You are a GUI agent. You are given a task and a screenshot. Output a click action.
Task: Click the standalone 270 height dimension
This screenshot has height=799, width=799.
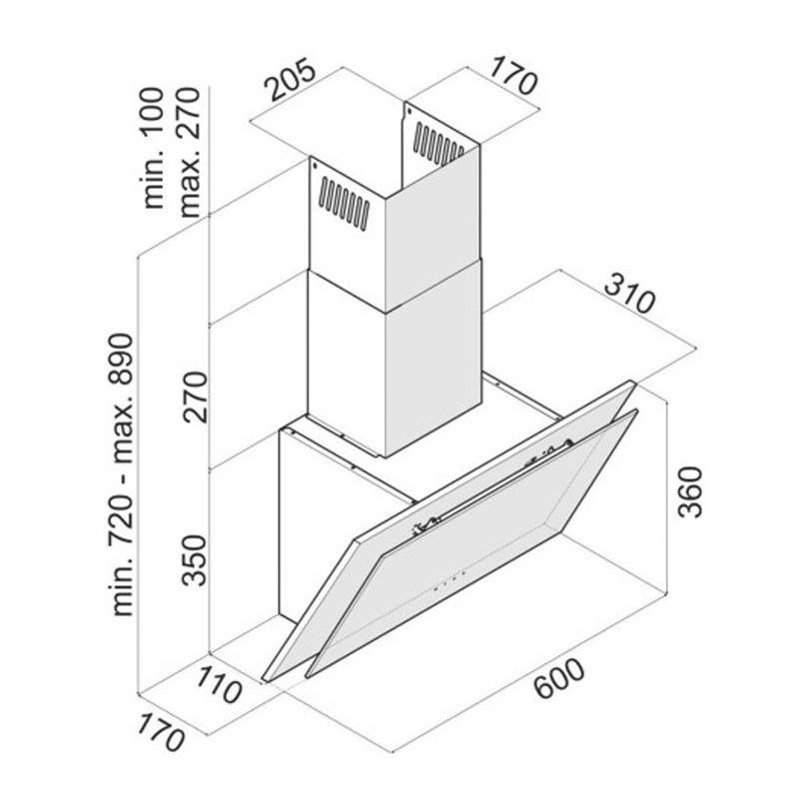[x=194, y=397]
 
